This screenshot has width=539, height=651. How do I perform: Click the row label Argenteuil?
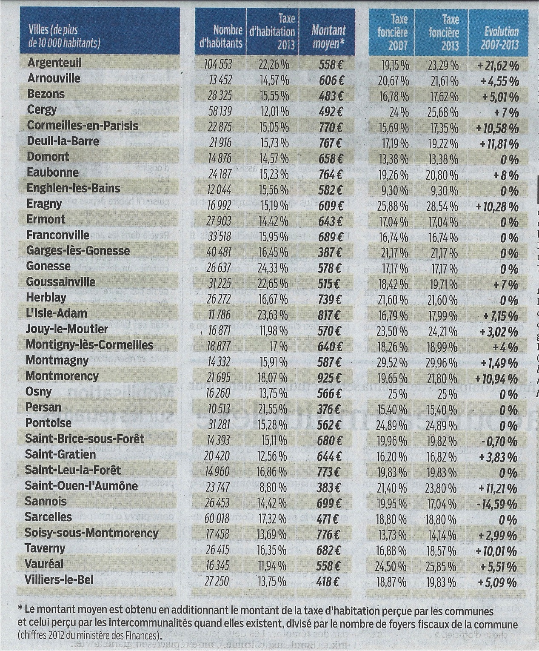click(54, 63)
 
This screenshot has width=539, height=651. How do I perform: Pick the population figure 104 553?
click(218, 64)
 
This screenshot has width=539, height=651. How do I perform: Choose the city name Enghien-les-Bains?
click(73, 188)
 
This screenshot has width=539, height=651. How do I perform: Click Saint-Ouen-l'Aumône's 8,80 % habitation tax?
click(273, 487)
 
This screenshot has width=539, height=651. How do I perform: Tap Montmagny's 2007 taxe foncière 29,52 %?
click(394, 361)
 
